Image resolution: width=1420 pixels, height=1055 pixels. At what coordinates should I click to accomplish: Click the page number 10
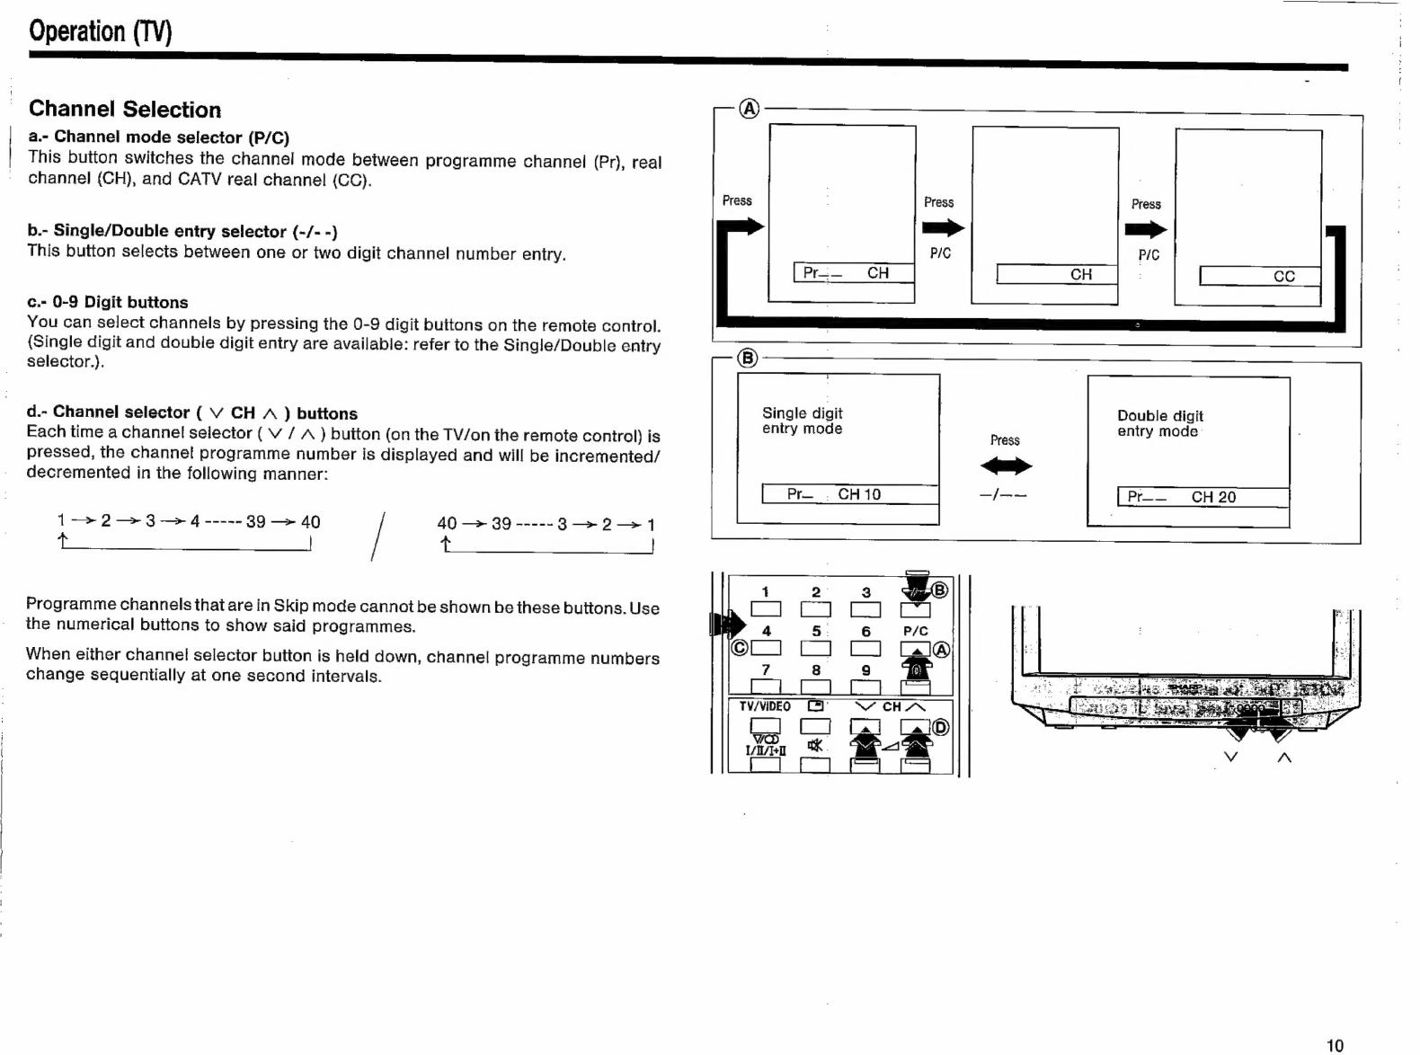tap(1335, 1044)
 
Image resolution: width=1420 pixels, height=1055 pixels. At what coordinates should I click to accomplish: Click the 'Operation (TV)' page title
tap(100, 31)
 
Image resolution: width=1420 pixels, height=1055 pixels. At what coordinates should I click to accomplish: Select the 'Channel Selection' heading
tap(125, 110)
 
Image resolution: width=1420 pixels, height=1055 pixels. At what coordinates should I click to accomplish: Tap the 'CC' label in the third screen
tap(1283, 276)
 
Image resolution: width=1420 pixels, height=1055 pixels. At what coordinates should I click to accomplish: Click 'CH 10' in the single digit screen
tap(859, 494)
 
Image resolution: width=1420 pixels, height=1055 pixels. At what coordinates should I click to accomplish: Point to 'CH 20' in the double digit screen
tap(1213, 497)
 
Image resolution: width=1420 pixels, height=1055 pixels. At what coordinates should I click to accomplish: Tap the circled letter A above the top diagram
tap(749, 110)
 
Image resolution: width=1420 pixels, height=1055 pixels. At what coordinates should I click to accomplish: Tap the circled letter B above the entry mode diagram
tap(747, 359)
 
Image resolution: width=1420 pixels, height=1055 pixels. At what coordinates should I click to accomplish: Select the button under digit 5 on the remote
tap(815, 648)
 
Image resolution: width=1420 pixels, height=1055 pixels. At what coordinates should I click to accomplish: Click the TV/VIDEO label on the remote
tap(765, 706)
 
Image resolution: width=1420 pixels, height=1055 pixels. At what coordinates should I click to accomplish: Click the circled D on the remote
tap(940, 727)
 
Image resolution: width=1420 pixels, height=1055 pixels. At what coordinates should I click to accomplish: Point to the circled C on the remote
tap(740, 648)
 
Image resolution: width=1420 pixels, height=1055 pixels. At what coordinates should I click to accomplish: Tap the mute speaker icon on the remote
tap(815, 745)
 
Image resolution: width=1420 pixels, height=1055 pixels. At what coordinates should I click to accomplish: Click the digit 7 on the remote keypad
tap(766, 669)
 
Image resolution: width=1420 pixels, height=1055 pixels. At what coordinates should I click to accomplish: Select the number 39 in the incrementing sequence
tap(255, 521)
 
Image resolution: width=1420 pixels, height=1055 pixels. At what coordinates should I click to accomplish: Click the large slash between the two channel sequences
tap(377, 536)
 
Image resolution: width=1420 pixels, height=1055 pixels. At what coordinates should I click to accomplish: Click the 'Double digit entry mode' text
tap(1159, 423)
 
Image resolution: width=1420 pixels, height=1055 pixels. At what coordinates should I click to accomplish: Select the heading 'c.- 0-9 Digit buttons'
tap(108, 302)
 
